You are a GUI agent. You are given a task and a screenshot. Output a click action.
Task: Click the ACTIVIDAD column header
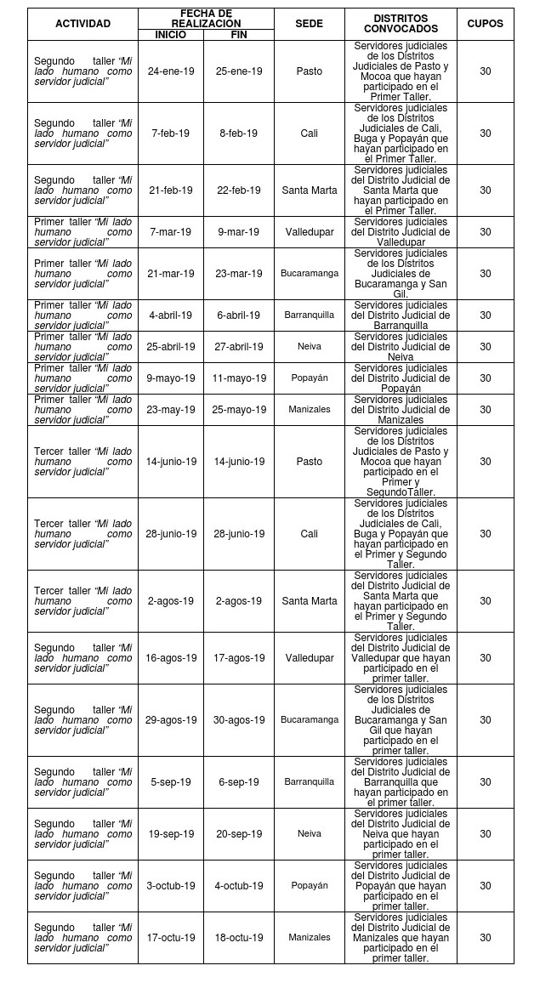point(82,24)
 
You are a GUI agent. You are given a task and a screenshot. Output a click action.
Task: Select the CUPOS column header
point(485,24)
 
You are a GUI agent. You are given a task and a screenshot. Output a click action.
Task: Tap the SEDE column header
point(309,24)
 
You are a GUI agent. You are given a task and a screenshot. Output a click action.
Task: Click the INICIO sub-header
point(170,34)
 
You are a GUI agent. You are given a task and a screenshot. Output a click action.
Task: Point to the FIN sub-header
point(238,34)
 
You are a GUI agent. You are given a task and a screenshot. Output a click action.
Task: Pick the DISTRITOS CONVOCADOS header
point(401,24)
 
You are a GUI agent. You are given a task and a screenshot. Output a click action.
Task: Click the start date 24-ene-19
point(171,71)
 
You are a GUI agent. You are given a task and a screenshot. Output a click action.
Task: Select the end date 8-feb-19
point(238,133)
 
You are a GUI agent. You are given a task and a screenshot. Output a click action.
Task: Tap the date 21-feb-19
point(171,190)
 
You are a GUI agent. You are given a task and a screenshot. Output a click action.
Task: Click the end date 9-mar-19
point(238,231)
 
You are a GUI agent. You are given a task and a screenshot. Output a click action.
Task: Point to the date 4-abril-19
point(171,315)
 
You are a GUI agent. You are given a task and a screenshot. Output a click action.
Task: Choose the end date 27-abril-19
point(239,346)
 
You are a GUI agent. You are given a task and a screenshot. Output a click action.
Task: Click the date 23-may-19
point(171,409)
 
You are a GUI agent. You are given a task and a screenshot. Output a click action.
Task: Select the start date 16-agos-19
point(171,657)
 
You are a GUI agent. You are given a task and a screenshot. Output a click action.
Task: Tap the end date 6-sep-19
point(238,781)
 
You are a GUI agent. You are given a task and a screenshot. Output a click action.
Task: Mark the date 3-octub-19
point(171,885)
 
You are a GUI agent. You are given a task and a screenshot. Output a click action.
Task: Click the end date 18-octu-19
point(239,937)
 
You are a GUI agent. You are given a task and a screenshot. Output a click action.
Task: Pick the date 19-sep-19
point(171,833)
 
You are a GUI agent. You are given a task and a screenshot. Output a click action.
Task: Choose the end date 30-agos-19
point(239,719)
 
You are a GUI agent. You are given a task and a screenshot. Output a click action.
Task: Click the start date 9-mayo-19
point(171,378)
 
